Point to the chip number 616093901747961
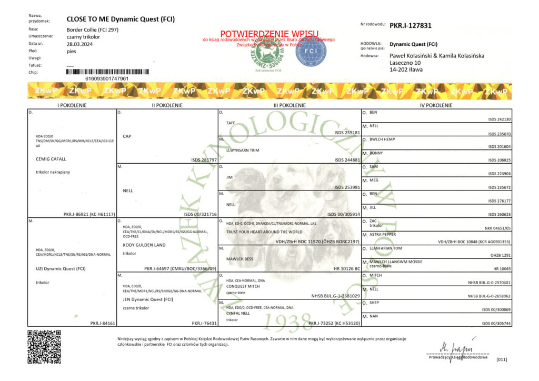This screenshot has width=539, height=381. [x=107, y=78]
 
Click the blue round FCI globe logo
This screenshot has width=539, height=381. [x=311, y=52]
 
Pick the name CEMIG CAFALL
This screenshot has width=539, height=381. [x=51, y=158]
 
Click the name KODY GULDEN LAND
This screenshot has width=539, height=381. [x=144, y=245]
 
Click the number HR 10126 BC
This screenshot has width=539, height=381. [x=346, y=268]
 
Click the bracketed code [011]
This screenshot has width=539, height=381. [x=502, y=359]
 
